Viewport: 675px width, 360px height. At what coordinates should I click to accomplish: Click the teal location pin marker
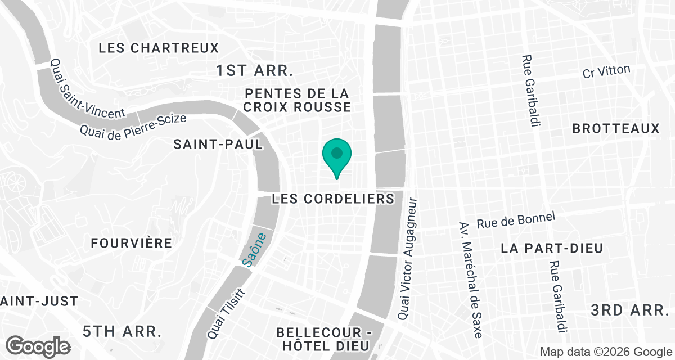tap(337, 155)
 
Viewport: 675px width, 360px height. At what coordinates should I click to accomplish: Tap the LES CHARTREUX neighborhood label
tap(159, 48)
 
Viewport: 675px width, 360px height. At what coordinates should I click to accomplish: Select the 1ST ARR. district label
tap(255, 71)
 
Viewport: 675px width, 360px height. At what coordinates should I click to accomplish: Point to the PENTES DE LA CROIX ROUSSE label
tap(298, 100)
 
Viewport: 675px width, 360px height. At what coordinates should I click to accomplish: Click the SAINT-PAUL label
tap(218, 144)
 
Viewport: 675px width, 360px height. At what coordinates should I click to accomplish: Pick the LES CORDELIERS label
tap(333, 199)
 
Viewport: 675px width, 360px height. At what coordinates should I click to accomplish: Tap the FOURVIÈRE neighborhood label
tap(132, 243)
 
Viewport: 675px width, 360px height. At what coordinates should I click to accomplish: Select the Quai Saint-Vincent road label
tap(87, 89)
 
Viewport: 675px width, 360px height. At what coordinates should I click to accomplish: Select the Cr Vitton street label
tap(606, 72)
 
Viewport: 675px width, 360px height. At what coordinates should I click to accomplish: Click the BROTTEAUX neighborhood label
tap(615, 129)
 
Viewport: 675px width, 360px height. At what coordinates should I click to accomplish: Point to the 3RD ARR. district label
tap(629, 310)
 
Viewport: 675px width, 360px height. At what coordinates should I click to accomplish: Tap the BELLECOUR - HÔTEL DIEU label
tap(323, 338)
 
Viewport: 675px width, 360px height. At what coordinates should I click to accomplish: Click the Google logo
tap(39, 345)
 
